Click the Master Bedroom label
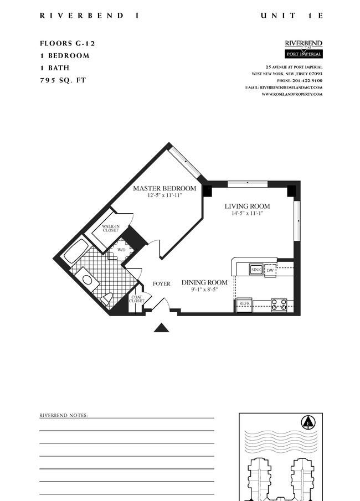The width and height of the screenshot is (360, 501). [x=164, y=188]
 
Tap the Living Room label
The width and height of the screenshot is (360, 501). [x=247, y=206]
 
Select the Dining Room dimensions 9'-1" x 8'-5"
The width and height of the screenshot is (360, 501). [x=204, y=290]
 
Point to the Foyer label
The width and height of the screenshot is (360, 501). [x=162, y=284]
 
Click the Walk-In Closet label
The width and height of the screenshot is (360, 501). [x=111, y=228]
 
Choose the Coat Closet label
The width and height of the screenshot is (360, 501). [x=137, y=299]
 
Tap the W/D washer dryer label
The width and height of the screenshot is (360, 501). [x=121, y=250]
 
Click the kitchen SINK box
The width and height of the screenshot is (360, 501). [x=256, y=270]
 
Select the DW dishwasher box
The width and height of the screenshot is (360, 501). [x=270, y=270]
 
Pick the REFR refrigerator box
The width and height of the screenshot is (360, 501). [x=245, y=303]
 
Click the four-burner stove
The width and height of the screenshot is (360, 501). [x=279, y=305]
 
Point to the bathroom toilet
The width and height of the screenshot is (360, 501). [x=106, y=299]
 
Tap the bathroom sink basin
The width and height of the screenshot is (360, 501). [x=86, y=280]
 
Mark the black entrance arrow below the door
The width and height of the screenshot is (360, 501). [x=162, y=328]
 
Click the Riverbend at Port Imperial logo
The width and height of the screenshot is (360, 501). [x=304, y=49]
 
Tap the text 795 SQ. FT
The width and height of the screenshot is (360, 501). [x=63, y=80]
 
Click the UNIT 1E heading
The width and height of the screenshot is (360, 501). [x=291, y=16]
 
